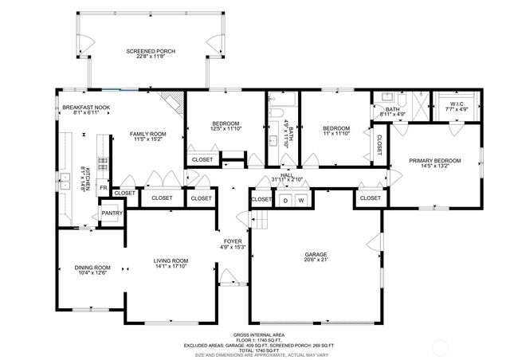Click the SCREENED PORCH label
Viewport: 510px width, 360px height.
coord(151,51)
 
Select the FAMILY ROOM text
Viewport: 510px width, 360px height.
coord(147,134)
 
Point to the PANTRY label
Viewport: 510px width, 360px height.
coord(110,213)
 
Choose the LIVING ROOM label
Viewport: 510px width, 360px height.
coord(171,260)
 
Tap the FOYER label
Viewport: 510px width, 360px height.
coord(232,240)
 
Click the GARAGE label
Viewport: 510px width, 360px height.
coord(316,254)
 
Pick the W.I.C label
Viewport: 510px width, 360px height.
coord(457,103)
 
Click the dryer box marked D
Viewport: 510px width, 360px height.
coord(285,200)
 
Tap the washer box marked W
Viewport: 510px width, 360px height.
coord(302,200)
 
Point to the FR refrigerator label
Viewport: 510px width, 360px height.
coord(102,188)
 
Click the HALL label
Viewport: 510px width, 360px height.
coord(288,174)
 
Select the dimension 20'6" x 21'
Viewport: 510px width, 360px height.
coord(316,260)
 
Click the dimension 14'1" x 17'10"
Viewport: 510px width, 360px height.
coord(171,266)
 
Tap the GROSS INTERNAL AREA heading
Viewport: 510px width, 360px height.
coord(259,335)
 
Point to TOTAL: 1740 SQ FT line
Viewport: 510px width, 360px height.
coord(259,349)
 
